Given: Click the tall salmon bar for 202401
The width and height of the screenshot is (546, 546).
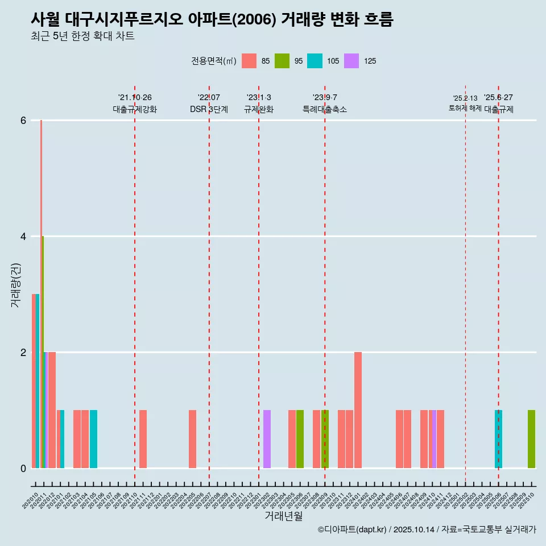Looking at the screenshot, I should pyautogui.click(x=358, y=410).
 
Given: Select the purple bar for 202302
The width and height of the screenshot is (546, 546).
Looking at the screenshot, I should pyautogui.click(x=267, y=439).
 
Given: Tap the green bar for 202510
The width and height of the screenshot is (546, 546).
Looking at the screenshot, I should pyautogui.click(x=531, y=439).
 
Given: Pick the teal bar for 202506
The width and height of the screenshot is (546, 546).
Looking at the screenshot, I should pyautogui.click(x=498, y=439).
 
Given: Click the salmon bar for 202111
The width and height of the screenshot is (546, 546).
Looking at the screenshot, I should pyautogui.click(x=143, y=439).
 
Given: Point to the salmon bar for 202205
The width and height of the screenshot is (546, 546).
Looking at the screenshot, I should pyautogui.click(x=192, y=439).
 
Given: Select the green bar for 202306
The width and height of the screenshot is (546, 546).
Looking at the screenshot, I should pyautogui.click(x=300, y=439).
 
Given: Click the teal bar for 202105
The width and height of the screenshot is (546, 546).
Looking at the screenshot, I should pyautogui.click(x=93, y=439).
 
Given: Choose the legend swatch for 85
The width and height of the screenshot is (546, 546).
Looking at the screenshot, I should pyautogui.click(x=249, y=61).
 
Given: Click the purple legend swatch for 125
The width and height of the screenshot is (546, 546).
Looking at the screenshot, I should pyautogui.click(x=351, y=61).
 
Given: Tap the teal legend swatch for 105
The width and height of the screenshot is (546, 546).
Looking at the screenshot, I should pyautogui.click(x=315, y=61).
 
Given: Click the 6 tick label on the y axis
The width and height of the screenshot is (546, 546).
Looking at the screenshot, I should pyautogui.click(x=23, y=121).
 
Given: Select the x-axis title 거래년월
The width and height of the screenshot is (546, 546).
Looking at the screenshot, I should pyautogui.click(x=283, y=516).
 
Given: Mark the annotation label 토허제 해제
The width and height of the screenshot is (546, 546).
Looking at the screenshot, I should pyautogui.click(x=465, y=108).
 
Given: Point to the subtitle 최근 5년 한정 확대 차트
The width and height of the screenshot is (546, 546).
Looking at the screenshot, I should pyautogui.click(x=82, y=36).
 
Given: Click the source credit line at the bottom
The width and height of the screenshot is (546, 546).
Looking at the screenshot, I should pyautogui.click(x=427, y=530).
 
